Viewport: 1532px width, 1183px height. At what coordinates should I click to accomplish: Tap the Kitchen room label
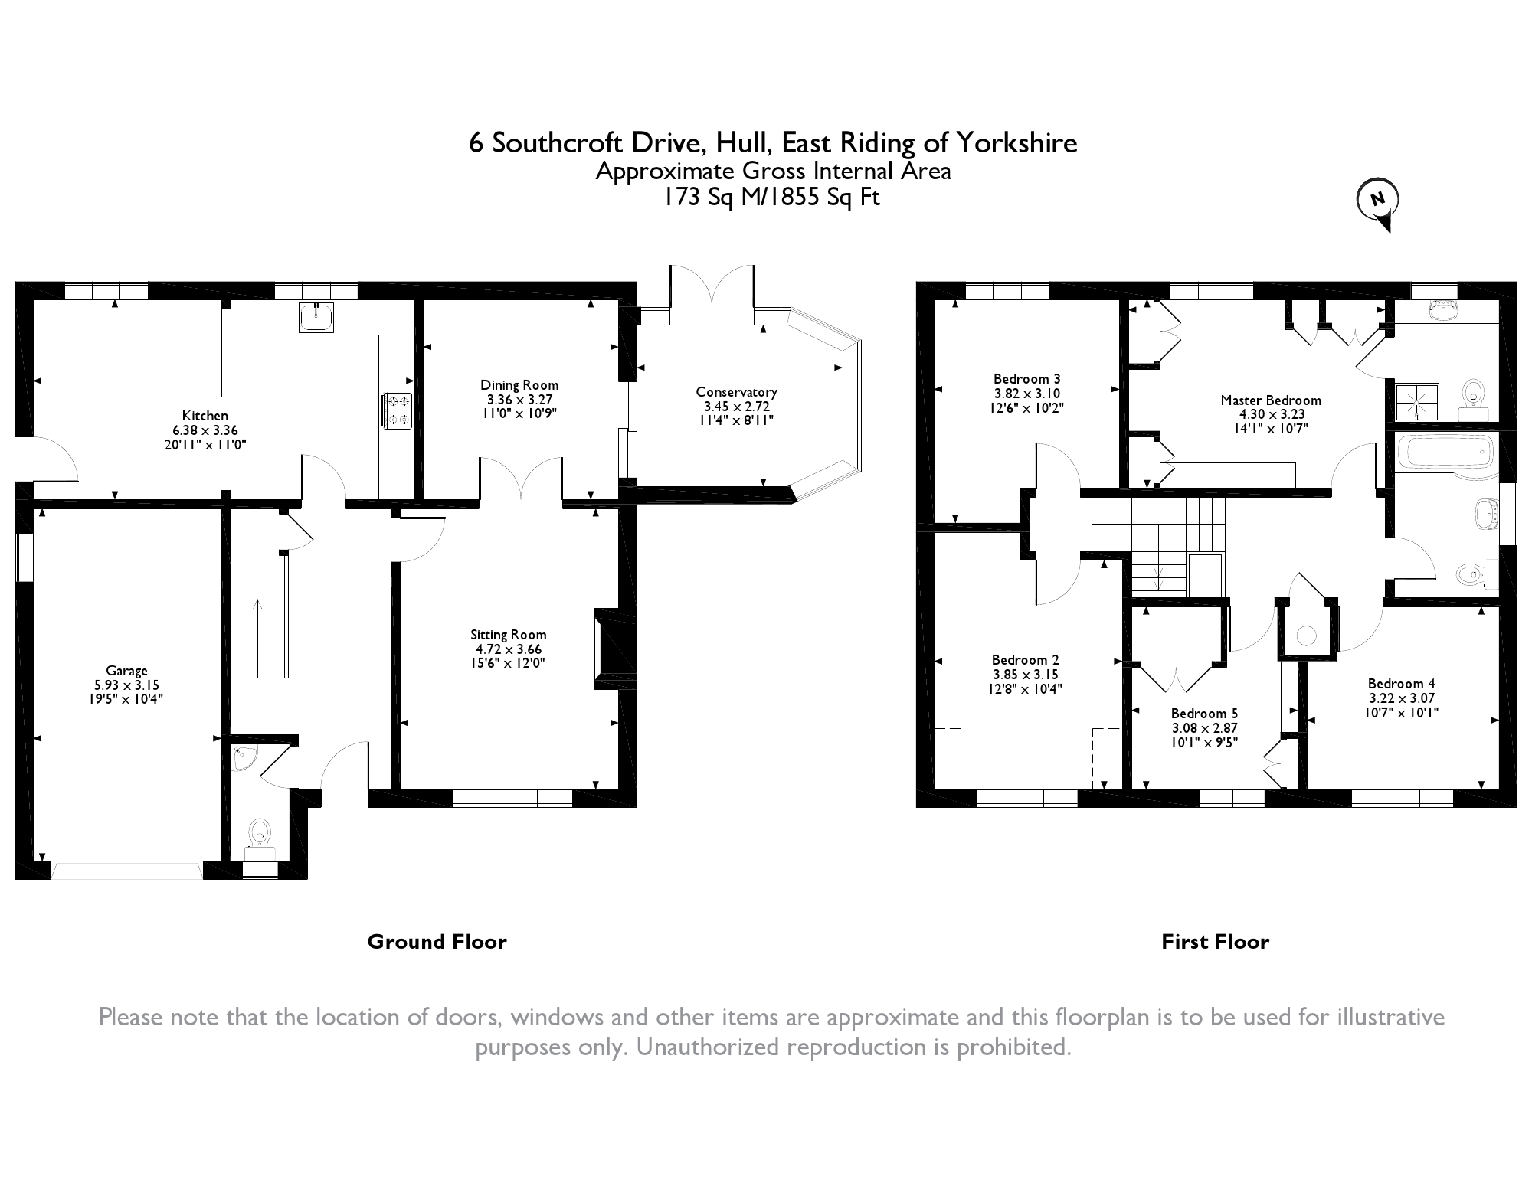point(205,416)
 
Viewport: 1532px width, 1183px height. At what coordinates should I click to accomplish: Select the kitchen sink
point(316,317)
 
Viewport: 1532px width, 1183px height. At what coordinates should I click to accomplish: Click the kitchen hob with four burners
point(398,410)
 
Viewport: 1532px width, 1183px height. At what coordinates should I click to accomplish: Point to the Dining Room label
point(519,385)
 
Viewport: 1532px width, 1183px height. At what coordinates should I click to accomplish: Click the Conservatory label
point(736,392)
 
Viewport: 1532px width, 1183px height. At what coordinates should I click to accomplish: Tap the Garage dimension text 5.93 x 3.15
point(126,685)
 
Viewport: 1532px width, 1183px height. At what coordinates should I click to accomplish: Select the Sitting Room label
point(508,634)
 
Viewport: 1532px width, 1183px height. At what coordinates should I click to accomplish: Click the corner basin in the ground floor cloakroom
point(244,757)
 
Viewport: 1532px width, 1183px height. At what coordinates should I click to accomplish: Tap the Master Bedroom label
point(1271,400)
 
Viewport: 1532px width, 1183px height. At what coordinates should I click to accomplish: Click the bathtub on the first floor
point(1444,452)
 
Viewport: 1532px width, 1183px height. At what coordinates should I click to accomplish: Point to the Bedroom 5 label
point(1204,714)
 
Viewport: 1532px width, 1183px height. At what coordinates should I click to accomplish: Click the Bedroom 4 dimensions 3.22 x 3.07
point(1401,698)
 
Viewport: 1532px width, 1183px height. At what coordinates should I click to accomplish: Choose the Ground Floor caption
point(437,942)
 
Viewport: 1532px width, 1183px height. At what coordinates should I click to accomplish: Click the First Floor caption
point(1215,942)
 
